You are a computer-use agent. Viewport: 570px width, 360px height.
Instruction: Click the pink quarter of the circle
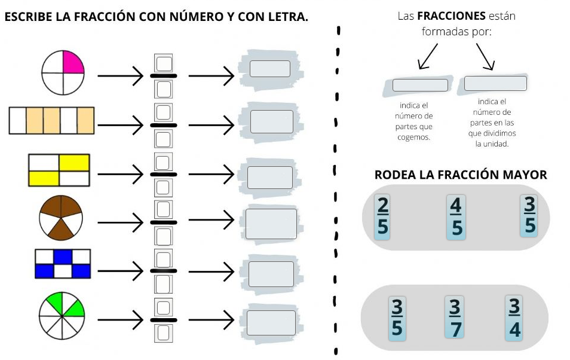click(72, 63)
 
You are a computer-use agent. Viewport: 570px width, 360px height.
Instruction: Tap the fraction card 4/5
click(456, 216)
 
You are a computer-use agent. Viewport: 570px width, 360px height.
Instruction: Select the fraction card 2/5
click(382, 216)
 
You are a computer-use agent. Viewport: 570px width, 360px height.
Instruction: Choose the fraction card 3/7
click(455, 319)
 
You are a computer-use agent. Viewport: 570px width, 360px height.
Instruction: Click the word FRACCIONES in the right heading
click(451, 16)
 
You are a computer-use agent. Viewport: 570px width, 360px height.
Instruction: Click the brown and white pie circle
click(62, 216)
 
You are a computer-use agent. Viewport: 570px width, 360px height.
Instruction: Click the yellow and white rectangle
click(59, 170)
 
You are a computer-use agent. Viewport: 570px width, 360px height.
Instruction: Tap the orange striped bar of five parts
click(52, 120)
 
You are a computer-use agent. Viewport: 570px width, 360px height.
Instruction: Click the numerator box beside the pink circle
click(164, 63)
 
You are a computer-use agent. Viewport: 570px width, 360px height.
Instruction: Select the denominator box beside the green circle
click(164, 332)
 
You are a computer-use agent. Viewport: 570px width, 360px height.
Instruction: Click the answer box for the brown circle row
click(271, 224)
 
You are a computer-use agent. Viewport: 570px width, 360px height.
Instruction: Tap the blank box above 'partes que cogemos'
click(420, 86)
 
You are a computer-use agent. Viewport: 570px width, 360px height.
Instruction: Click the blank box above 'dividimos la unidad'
click(495, 83)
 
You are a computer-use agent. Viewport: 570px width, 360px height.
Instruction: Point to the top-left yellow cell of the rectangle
click(74, 162)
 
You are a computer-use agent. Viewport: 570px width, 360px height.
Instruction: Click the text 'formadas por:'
click(456, 32)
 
